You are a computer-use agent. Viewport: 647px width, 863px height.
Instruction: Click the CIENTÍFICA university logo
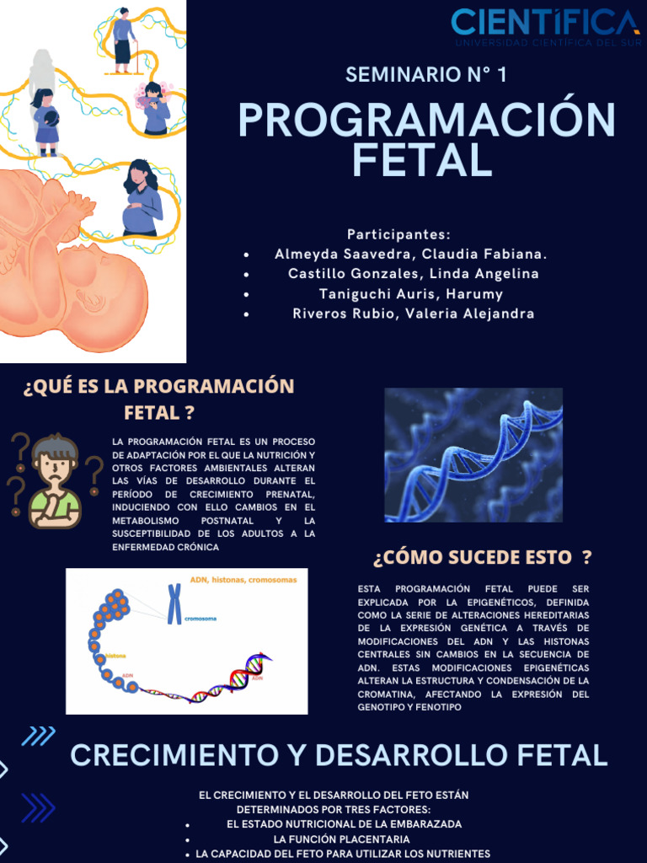(545, 25)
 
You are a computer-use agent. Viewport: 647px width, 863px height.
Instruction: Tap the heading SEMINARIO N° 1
(426, 74)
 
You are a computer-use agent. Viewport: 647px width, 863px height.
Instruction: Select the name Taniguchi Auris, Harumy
(411, 294)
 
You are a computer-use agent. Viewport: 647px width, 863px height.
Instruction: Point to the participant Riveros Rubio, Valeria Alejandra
(413, 314)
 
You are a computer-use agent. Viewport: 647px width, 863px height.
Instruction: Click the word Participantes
(398, 234)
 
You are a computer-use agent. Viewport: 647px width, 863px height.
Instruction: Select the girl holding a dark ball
(45, 120)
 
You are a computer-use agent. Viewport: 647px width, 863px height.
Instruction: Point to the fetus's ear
(94, 299)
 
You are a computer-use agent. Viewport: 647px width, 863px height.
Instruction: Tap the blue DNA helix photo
(473, 454)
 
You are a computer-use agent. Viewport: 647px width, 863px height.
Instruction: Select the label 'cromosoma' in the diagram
(201, 619)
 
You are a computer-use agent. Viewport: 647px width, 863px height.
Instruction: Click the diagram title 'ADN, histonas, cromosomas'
(243, 580)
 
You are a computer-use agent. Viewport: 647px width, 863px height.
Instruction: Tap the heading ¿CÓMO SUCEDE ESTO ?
(482, 557)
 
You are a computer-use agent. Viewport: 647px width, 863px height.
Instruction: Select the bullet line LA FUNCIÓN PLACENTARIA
(341, 839)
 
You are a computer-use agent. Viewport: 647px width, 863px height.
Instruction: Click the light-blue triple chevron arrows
(38, 736)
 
